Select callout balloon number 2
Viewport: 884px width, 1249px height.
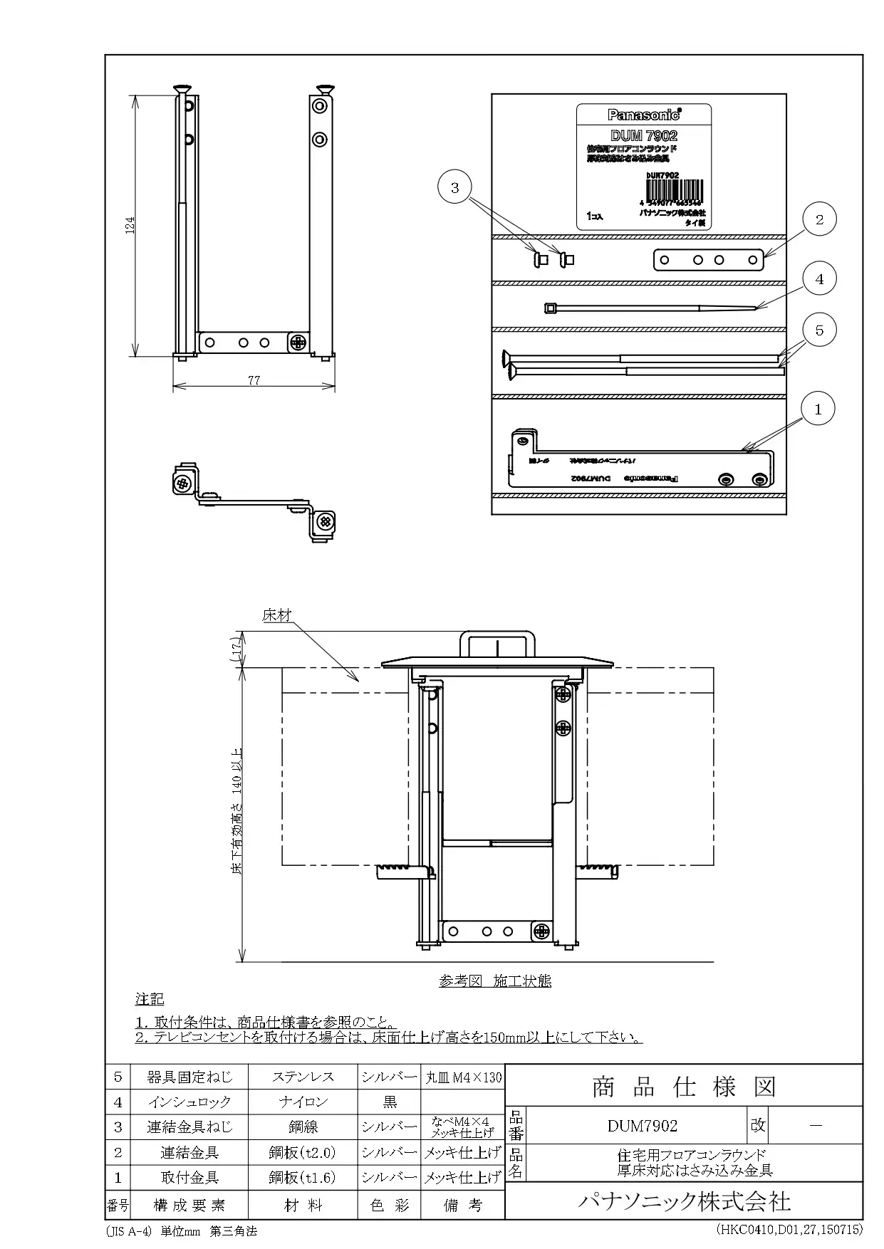[819, 219]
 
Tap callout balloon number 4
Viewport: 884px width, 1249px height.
[819, 279]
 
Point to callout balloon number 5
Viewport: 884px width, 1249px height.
[819, 330]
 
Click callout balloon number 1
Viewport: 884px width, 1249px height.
[818, 409]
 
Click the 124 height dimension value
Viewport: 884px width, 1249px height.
[129, 225]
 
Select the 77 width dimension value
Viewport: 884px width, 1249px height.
[254, 380]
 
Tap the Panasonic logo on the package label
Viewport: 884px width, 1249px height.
[643, 114]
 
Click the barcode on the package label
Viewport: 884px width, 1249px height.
[673, 189]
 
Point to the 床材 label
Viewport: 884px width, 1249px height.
[276, 615]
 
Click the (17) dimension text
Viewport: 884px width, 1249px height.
[236, 649]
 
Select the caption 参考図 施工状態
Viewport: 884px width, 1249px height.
[495, 981]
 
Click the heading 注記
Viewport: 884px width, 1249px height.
[150, 999]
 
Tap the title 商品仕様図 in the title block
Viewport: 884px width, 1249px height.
[683, 1087]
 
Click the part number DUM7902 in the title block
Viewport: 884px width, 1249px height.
[642, 1126]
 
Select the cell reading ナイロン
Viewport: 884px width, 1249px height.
[303, 1102]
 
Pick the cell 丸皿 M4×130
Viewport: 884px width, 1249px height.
[463, 1077]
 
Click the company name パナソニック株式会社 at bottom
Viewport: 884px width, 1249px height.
[683, 1202]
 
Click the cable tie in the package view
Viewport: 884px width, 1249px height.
[652, 308]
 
